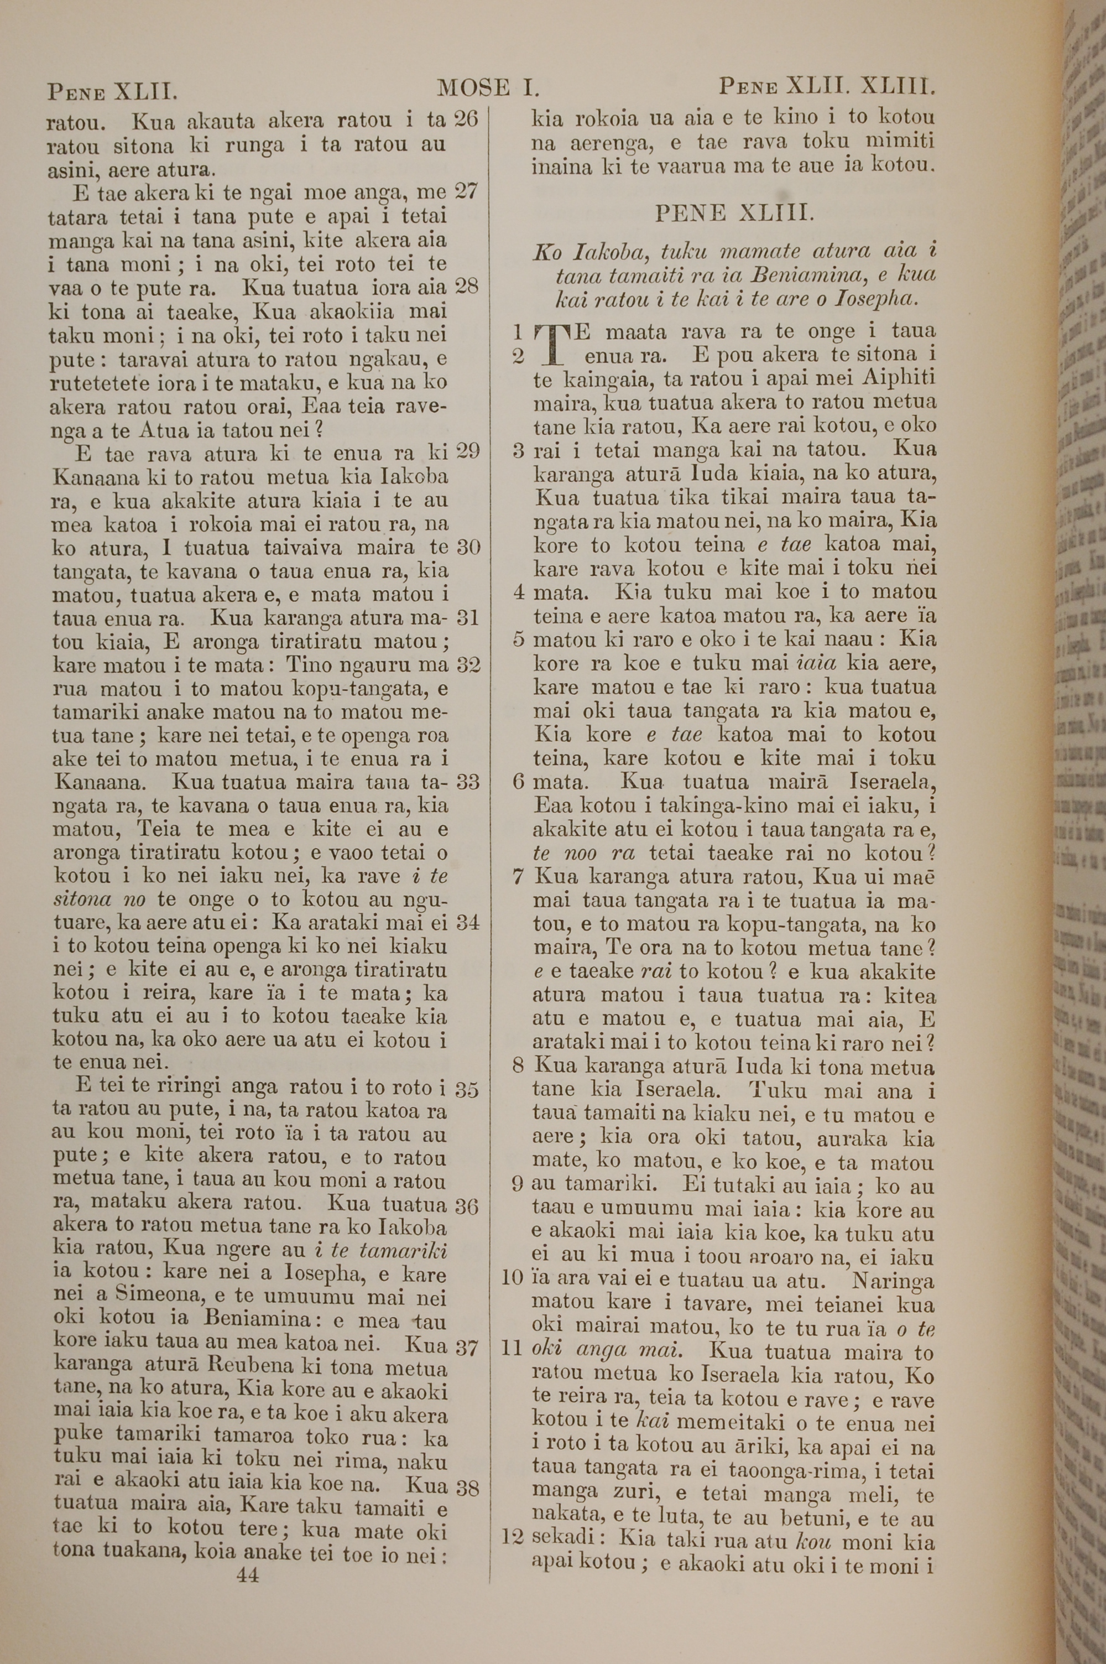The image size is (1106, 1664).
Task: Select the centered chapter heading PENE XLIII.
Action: pyautogui.click(x=734, y=213)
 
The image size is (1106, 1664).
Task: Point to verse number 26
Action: pyautogui.click(x=466, y=118)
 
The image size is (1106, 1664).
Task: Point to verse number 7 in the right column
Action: pyautogui.click(x=519, y=877)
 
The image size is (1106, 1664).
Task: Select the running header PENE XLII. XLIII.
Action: pyautogui.click(x=827, y=88)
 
